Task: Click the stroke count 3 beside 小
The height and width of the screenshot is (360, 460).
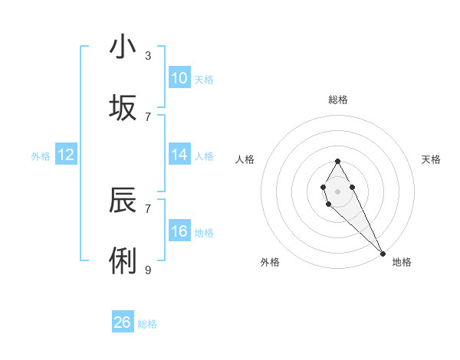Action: (148, 55)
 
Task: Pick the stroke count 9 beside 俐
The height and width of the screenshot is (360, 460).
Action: (148, 270)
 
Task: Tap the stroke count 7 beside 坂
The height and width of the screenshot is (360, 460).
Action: (148, 116)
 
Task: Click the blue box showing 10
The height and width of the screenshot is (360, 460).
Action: (179, 78)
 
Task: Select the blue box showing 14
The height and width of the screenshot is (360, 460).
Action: (179, 155)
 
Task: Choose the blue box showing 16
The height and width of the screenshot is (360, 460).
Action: (179, 231)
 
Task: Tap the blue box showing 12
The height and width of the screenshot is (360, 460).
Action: (66, 155)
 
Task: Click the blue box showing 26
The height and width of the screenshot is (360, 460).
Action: (123, 322)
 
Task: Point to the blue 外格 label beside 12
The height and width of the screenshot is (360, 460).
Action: (41, 155)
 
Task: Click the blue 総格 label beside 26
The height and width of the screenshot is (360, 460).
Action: (147, 324)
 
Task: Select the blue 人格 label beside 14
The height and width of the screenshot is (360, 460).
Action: (204, 155)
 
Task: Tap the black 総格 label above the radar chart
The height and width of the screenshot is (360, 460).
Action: (338, 100)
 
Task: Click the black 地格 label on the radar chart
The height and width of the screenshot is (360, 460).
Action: (402, 263)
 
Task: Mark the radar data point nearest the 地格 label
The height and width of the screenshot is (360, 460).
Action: (383, 253)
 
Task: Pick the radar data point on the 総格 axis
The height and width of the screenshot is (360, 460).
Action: (337, 161)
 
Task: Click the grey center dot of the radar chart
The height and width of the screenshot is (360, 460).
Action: (337, 190)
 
